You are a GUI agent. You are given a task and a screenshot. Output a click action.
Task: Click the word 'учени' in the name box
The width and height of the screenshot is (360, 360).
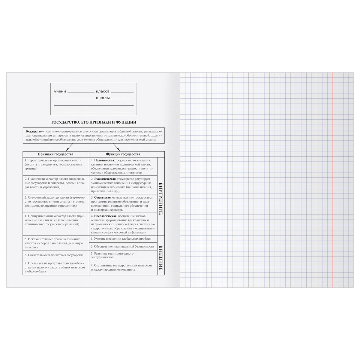60,91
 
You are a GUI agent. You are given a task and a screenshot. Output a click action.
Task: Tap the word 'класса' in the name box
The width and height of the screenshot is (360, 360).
103,91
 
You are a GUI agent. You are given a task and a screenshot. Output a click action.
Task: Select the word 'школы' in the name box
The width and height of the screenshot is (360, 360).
103,98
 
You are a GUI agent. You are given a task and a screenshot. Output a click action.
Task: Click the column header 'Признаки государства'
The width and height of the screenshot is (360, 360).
55,154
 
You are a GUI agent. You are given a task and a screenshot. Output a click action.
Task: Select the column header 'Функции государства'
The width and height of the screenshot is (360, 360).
123,154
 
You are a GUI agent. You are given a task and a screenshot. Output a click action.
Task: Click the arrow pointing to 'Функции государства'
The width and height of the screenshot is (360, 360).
117,147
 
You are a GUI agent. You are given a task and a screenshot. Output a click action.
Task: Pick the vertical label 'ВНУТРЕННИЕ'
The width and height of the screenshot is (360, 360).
160,198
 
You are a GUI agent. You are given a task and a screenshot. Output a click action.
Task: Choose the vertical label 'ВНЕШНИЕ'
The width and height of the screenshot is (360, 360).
160,258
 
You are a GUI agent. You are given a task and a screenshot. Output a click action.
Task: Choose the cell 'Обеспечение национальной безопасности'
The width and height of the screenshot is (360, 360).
124,246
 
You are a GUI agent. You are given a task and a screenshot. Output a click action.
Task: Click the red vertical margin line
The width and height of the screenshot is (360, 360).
333,180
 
